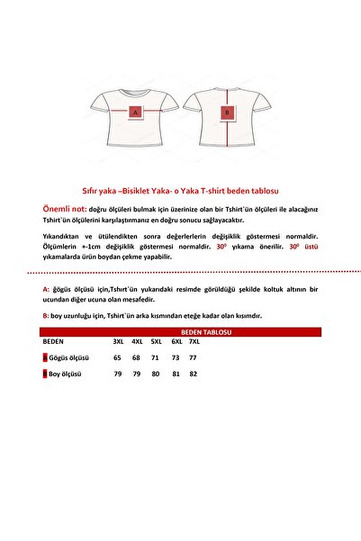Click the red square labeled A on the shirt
coord(135,113)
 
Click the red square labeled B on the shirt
coord(228,113)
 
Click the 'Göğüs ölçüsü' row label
coord(66,357)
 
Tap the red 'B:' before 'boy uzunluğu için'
coord(46,316)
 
